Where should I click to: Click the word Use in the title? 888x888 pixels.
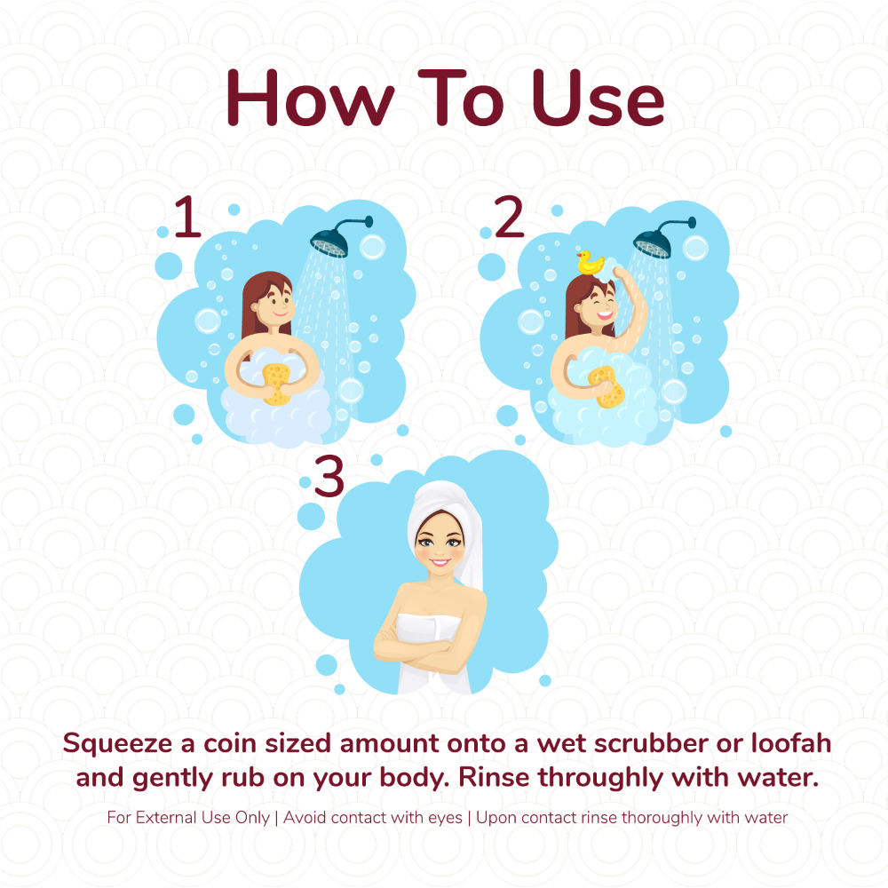598,98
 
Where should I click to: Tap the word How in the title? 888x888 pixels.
310,98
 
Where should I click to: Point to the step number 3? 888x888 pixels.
329,478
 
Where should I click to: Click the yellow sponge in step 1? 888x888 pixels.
276,384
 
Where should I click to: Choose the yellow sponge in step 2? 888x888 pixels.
607,387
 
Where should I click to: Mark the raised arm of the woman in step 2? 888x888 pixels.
630,305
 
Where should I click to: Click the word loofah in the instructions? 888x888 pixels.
791,743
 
